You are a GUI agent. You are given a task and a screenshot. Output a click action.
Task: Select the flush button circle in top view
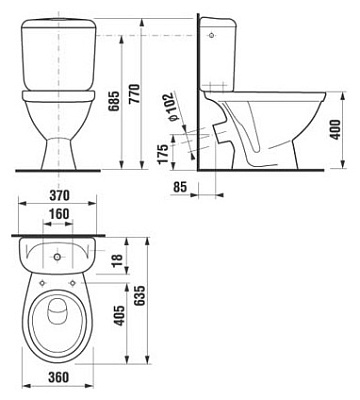55,254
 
